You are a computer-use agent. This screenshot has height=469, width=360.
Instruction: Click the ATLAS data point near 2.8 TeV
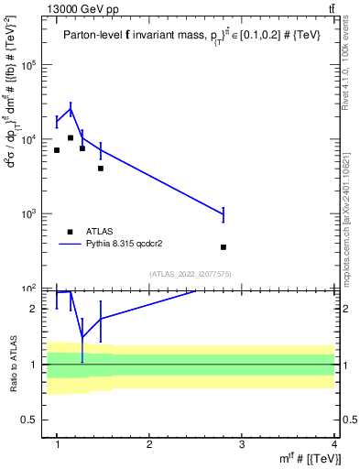pyautogui.click(x=224, y=247)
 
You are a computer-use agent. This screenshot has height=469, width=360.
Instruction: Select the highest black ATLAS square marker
pyautogui.click(x=71, y=138)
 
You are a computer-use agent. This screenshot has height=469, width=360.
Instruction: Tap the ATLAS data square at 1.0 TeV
pyautogui.click(x=57, y=150)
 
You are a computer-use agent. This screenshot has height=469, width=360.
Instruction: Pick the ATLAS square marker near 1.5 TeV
pyautogui.click(x=101, y=169)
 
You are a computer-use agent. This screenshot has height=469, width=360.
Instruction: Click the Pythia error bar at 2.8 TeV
pyautogui.click(x=224, y=214)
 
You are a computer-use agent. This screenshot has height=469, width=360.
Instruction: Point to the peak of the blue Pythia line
pyautogui.click(x=71, y=109)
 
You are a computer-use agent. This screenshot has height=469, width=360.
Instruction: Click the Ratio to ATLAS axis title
pyautogui.click(x=12, y=364)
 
